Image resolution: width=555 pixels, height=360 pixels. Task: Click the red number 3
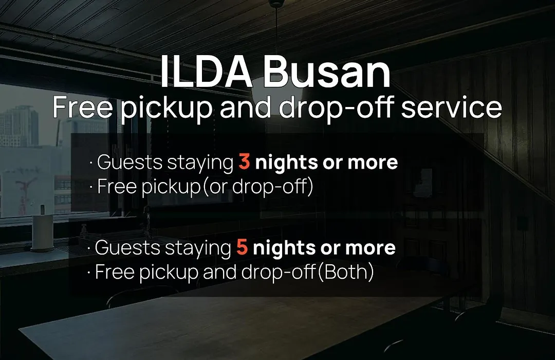coord(244,162)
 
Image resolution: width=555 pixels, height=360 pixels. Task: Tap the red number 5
coord(242,247)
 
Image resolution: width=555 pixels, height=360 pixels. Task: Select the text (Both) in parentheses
coord(346,272)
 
